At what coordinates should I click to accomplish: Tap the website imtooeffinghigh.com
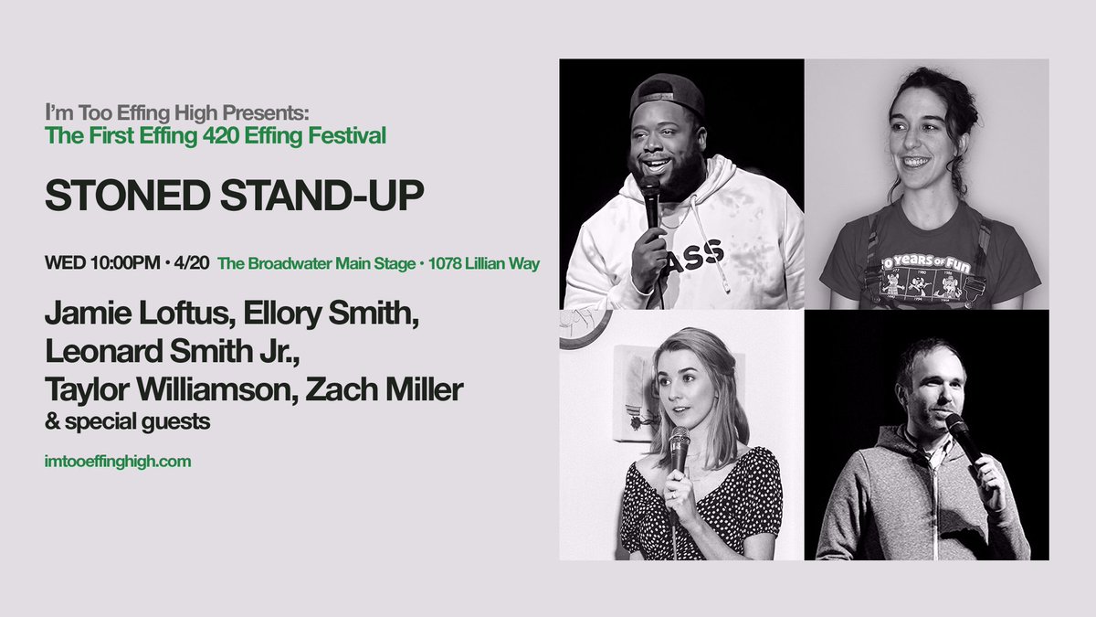click(x=118, y=462)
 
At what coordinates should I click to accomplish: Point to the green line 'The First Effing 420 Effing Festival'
click(x=216, y=136)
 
